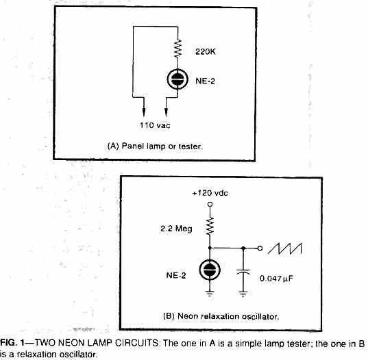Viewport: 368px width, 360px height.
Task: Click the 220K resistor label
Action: coord(206,51)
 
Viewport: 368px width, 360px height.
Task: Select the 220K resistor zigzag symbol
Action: coord(177,49)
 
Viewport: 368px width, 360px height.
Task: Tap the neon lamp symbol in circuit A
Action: coord(177,79)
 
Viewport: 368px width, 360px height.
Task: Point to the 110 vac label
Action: coord(155,125)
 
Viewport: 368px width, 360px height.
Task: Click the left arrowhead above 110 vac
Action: coord(144,112)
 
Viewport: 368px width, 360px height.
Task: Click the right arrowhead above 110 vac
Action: coord(166,112)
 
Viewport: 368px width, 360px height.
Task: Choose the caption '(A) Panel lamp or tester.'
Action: coord(155,146)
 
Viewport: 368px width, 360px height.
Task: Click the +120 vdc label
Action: coord(210,193)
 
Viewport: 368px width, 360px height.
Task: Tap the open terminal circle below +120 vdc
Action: coord(210,205)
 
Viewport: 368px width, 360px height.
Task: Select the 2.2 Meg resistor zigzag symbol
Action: coord(210,226)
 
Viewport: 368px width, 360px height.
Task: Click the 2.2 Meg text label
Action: coord(176,229)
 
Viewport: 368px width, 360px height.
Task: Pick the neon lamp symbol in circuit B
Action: coord(210,270)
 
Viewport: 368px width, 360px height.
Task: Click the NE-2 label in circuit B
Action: coord(176,275)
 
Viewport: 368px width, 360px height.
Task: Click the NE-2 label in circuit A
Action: coord(206,81)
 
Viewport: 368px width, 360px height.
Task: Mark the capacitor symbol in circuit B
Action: coord(243,272)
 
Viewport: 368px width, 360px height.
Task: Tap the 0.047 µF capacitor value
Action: coord(276,279)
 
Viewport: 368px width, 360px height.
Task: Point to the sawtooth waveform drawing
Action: coord(285,248)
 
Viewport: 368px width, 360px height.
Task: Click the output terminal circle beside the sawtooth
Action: coord(260,248)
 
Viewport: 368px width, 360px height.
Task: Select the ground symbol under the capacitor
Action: coord(243,294)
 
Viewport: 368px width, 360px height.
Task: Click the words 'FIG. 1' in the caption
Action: coord(12,343)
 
